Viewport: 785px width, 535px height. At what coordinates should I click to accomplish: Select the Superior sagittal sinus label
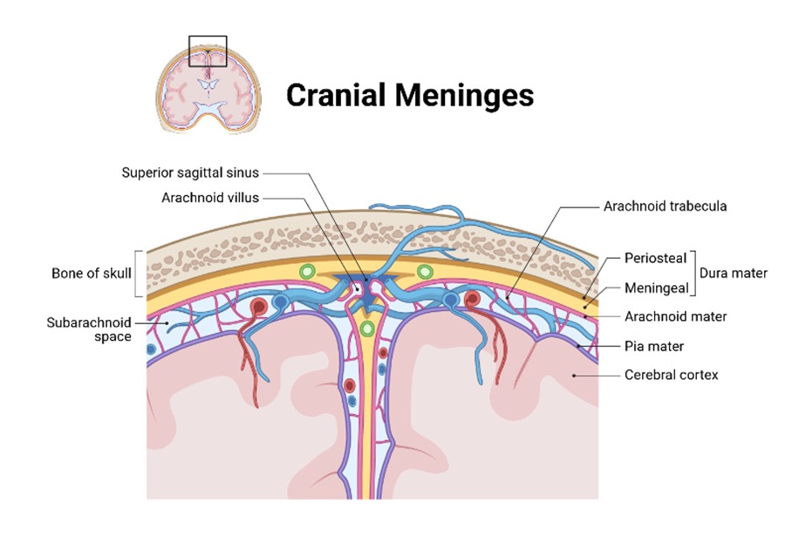tap(191, 172)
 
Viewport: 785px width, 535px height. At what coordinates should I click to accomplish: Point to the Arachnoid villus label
tap(210, 198)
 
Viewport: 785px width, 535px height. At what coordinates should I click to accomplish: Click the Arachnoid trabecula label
tap(665, 207)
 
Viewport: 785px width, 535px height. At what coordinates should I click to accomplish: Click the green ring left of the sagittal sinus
tap(306, 272)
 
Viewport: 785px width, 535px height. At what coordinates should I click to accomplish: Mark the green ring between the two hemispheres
tap(366, 328)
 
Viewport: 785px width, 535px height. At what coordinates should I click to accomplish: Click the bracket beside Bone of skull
tap(138, 272)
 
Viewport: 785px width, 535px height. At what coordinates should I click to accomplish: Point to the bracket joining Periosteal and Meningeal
tap(697, 273)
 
